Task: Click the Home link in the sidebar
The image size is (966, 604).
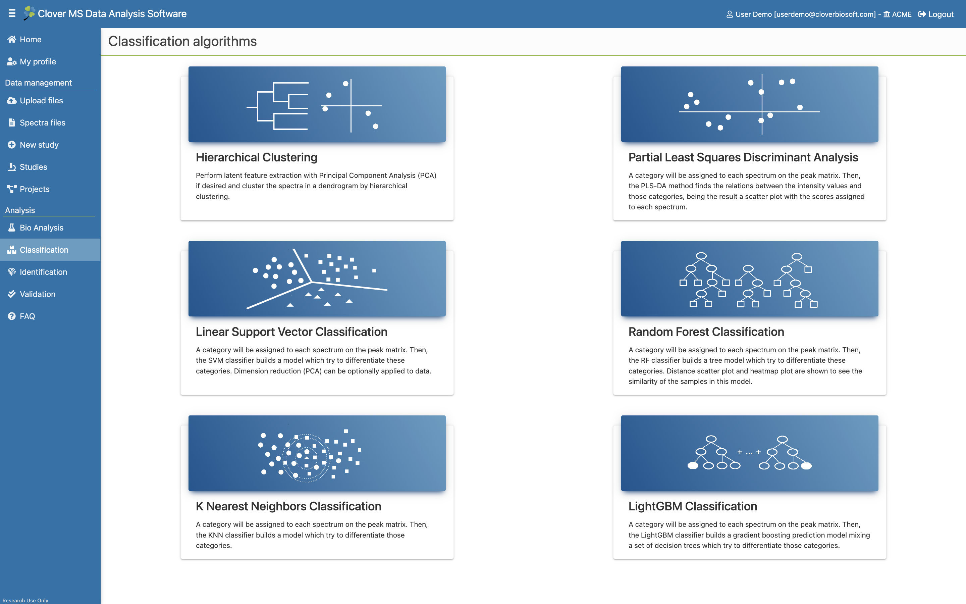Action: click(x=25, y=39)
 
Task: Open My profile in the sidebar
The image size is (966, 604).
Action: click(x=32, y=61)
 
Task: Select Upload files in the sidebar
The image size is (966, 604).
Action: click(x=35, y=100)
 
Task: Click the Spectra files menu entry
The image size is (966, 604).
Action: click(x=36, y=122)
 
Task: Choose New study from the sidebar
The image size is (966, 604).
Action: click(x=33, y=145)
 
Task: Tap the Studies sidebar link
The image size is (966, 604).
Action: click(x=28, y=167)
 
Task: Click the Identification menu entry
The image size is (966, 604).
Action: click(x=38, y=272)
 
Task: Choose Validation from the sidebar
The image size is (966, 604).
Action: click(x=32, y=294)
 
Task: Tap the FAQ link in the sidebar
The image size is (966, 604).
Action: click(x=21, y=316)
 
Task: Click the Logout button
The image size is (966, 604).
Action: click(x=936, y=14)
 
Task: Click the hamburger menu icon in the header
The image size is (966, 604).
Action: click(x=12, y=13)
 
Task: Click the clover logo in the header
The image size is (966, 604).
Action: click(x=29, y=13)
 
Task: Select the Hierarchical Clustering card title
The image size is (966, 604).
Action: click(x=257, y=157)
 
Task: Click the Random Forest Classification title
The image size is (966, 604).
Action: click(x=706, y=332)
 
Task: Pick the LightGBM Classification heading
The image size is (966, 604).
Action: click(x=693, y=507)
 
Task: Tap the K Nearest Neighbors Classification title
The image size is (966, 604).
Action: click(x=288, y=507)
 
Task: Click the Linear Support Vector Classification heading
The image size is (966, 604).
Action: click(x=291, y=332)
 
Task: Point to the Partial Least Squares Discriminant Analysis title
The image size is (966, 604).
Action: click(x=743, y=157)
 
